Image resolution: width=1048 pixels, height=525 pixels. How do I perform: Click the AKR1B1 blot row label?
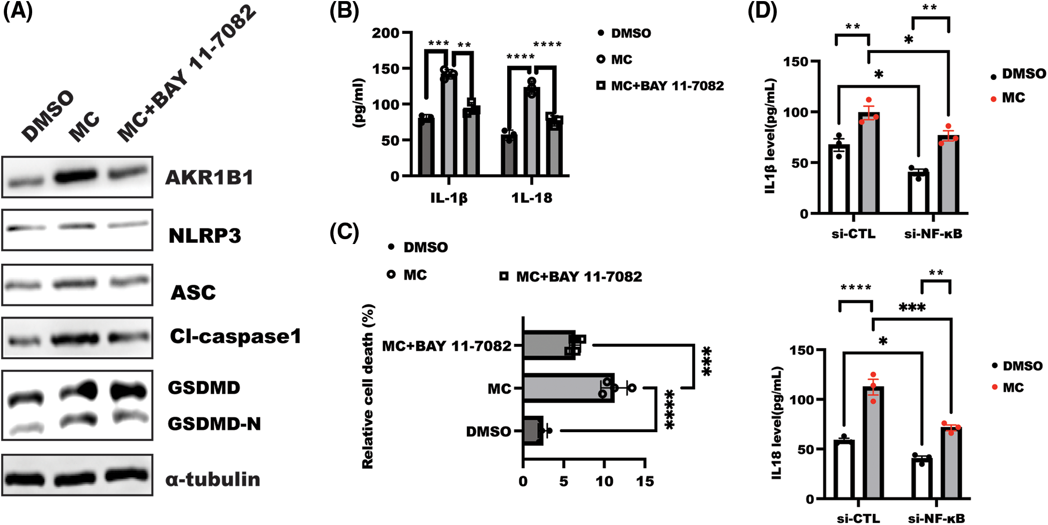[209, 178]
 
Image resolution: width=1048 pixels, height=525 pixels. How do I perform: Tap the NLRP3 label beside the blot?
[205, 236]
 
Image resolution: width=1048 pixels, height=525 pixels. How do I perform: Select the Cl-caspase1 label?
[235, 336]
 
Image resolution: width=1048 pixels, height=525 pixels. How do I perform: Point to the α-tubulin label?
[213, 479]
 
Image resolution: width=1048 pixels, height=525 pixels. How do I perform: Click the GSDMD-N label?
[214, 424]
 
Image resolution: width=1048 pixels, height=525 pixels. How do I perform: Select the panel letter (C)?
[344, 232]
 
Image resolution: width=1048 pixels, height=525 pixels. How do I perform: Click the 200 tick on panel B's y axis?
[385, 33]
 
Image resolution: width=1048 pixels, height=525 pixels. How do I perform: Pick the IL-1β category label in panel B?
[449, 198]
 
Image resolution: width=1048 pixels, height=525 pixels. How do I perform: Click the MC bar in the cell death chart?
[568, 388]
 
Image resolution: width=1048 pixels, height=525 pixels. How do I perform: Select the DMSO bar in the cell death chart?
[533, 431]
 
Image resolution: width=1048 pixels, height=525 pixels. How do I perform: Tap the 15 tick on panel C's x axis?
[645, 482]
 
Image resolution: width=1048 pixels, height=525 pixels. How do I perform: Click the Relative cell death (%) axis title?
[368, 386]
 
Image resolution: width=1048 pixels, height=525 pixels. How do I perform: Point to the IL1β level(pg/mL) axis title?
[770, 136]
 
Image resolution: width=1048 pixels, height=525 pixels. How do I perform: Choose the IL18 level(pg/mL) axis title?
[777, 423]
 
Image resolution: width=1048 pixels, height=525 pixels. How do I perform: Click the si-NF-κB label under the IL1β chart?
[933, 234]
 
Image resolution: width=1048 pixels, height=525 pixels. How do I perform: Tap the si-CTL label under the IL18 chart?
[858, 518]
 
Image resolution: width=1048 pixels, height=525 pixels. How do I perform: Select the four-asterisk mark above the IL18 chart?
[856, 288]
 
